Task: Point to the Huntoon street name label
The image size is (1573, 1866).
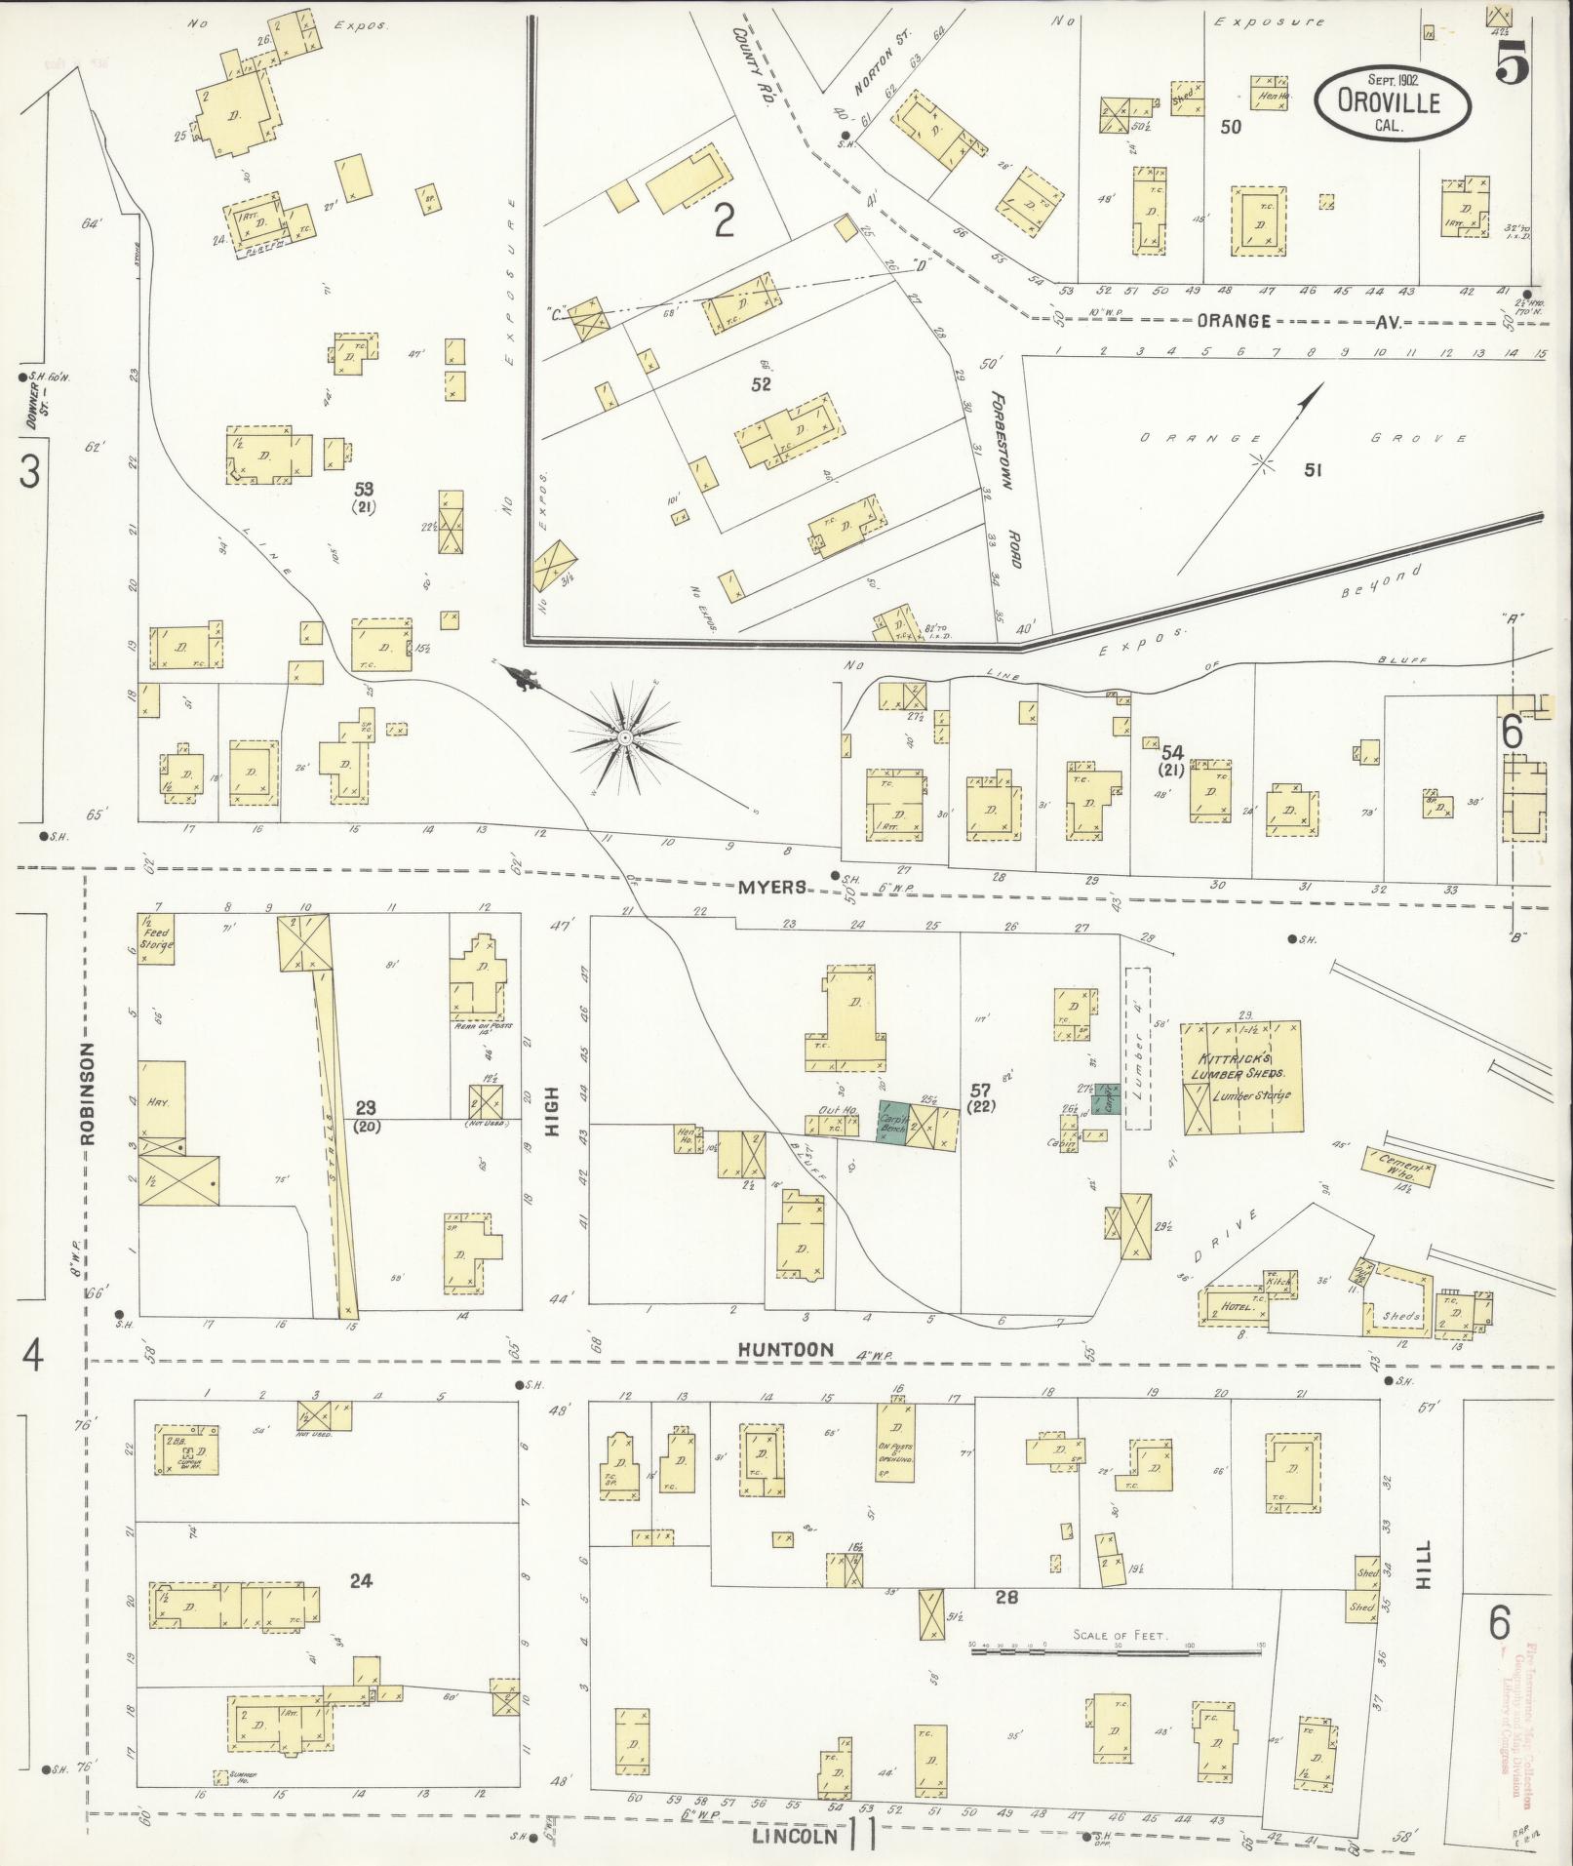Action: click(785, 1350)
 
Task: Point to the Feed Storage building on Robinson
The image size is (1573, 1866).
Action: click(155, 938)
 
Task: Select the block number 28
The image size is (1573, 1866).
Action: click(1006, 1597)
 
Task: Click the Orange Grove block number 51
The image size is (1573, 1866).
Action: click(1313, 471)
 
